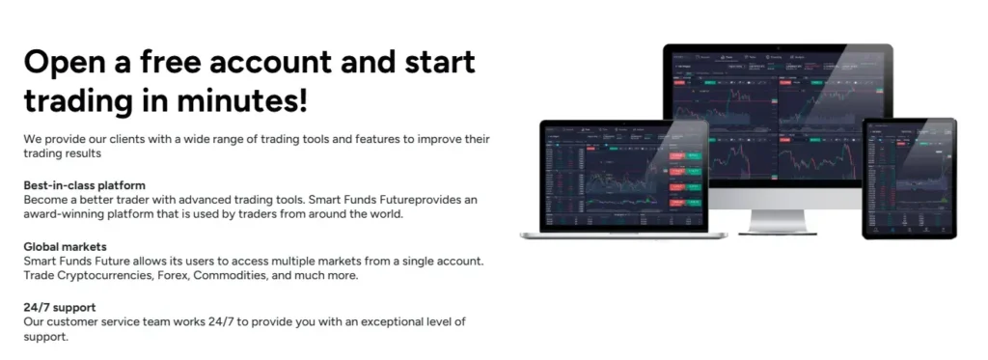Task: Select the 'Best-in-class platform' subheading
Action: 85,184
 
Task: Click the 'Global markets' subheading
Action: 65,247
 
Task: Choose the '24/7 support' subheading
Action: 59,308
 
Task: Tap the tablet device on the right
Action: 909,179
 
